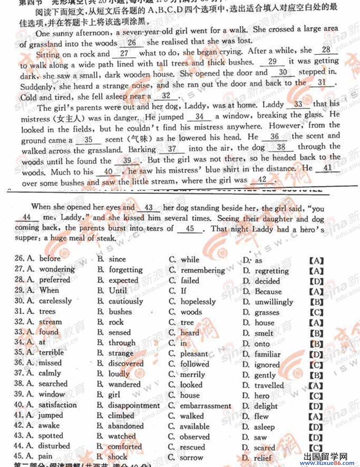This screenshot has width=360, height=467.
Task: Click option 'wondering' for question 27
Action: coord(57,269)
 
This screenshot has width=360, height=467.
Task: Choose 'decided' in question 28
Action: coord(267,281)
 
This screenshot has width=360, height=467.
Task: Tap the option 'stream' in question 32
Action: coord(50,322)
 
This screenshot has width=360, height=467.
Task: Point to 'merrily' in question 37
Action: coord(193,374)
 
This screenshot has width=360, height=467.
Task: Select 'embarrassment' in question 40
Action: coord(206,406)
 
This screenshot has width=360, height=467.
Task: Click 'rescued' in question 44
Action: coord(193,447)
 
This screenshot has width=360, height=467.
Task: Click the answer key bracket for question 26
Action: coord(316,261)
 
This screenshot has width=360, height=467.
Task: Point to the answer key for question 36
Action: coord(316,365)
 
